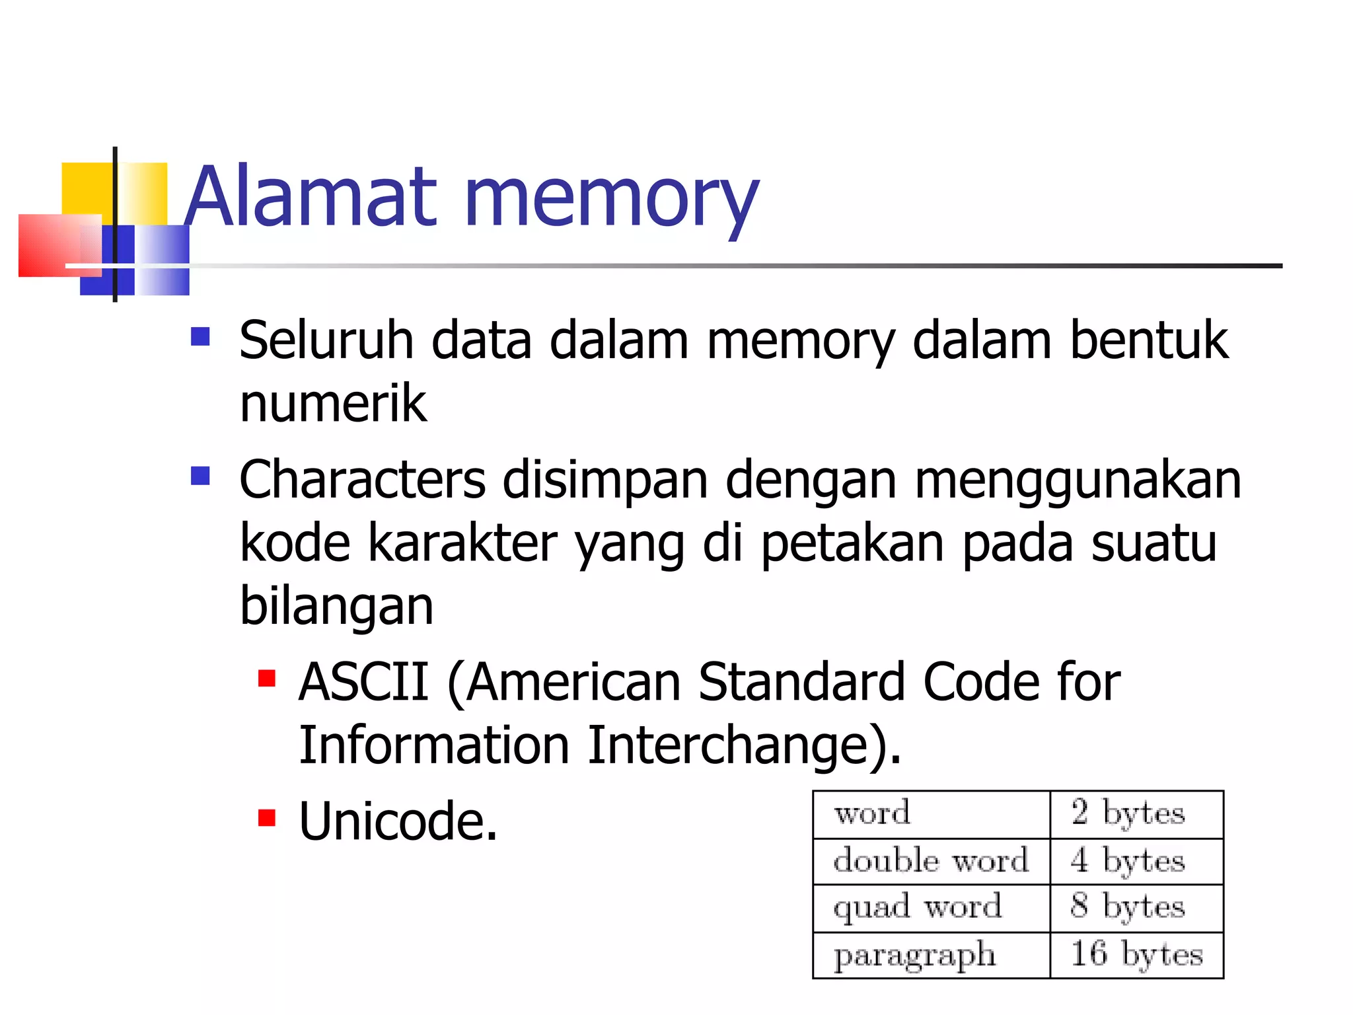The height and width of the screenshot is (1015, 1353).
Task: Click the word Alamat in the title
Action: pos(311,196)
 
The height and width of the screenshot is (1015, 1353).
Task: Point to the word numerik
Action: pos(333,404)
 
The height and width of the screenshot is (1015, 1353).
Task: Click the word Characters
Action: pos(362,480)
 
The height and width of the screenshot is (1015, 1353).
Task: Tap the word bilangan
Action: pos(336,606)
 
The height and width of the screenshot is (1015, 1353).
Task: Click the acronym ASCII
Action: pos(364,682)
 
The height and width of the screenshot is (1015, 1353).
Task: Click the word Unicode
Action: pos(398,821)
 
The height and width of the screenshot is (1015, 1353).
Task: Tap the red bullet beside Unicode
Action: pos(267,819)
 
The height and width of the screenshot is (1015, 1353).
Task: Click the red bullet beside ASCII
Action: pos(267,679)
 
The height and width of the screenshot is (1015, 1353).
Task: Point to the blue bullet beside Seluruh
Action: pos(200,337)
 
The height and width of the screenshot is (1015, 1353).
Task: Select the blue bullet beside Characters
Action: pos(200,476)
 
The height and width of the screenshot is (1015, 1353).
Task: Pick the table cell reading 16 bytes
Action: pos(1136,955)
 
